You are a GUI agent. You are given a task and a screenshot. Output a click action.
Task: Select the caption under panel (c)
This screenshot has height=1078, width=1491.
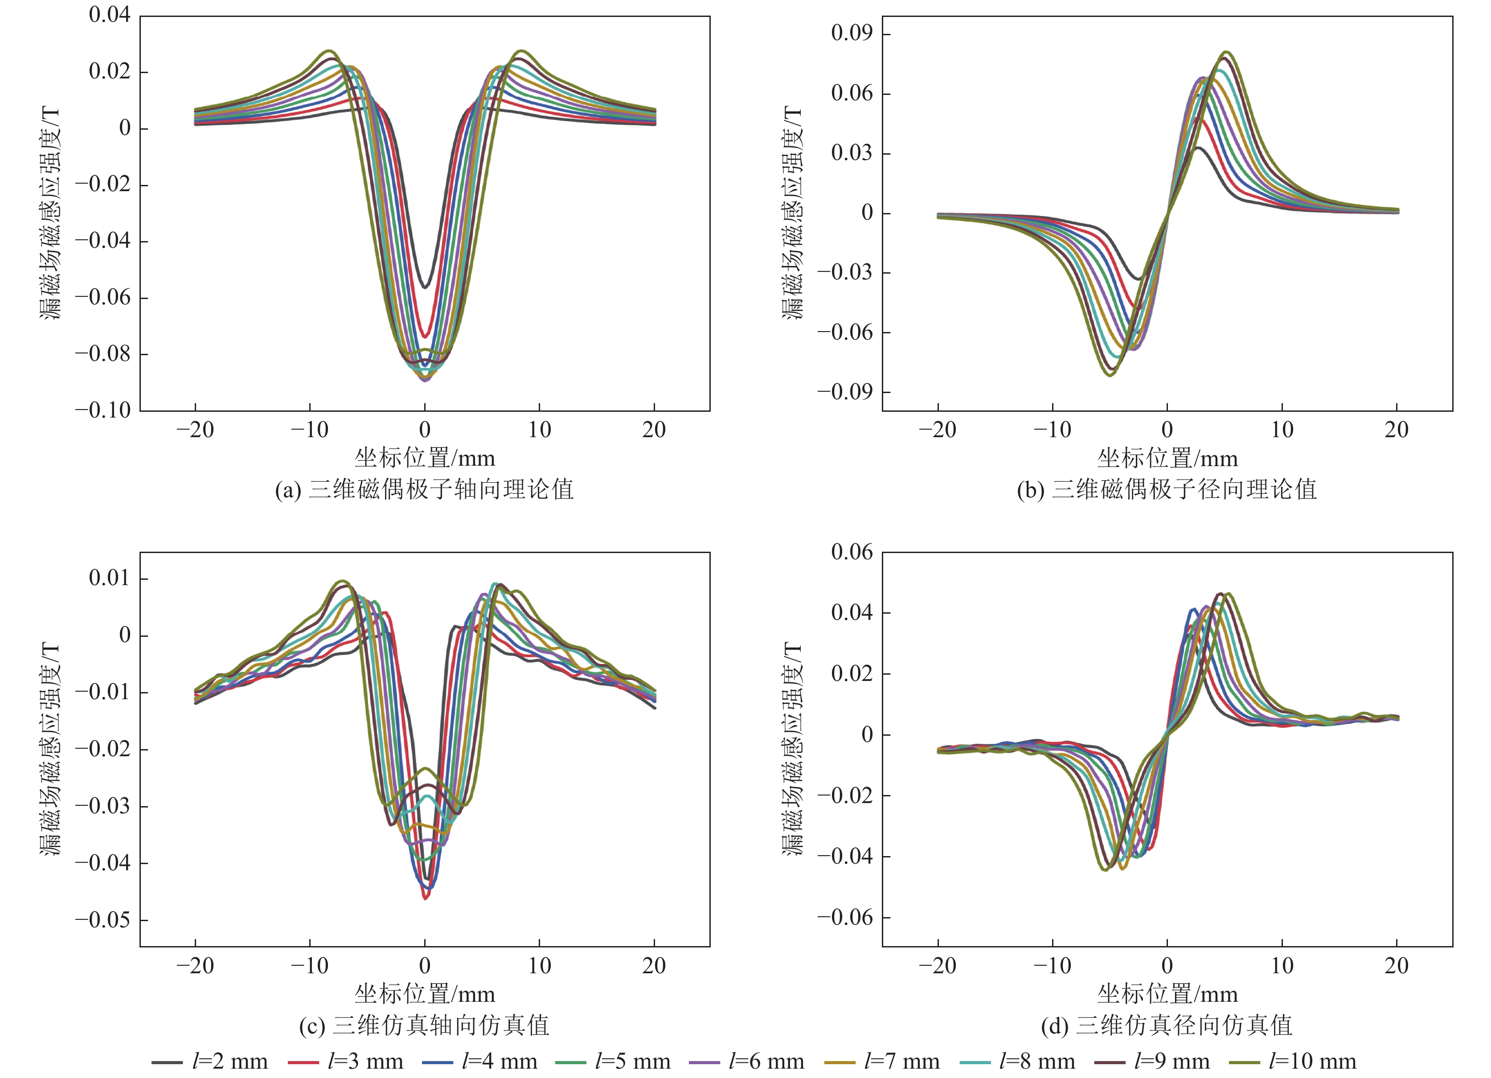(x=424, y=1025)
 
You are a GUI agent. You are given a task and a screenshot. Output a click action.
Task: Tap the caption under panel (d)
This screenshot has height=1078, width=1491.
(x=1167, y=1025)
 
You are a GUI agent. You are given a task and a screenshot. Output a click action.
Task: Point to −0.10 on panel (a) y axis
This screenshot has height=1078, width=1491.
(x=103, y=410)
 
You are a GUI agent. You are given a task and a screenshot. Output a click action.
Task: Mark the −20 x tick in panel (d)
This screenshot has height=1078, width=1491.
(x=938, y=966)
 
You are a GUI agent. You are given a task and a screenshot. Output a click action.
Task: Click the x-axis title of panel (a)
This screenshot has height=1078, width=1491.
(x=424, y=458)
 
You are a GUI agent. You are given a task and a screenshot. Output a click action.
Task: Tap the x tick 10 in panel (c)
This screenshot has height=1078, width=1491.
(x=539, y=966)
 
